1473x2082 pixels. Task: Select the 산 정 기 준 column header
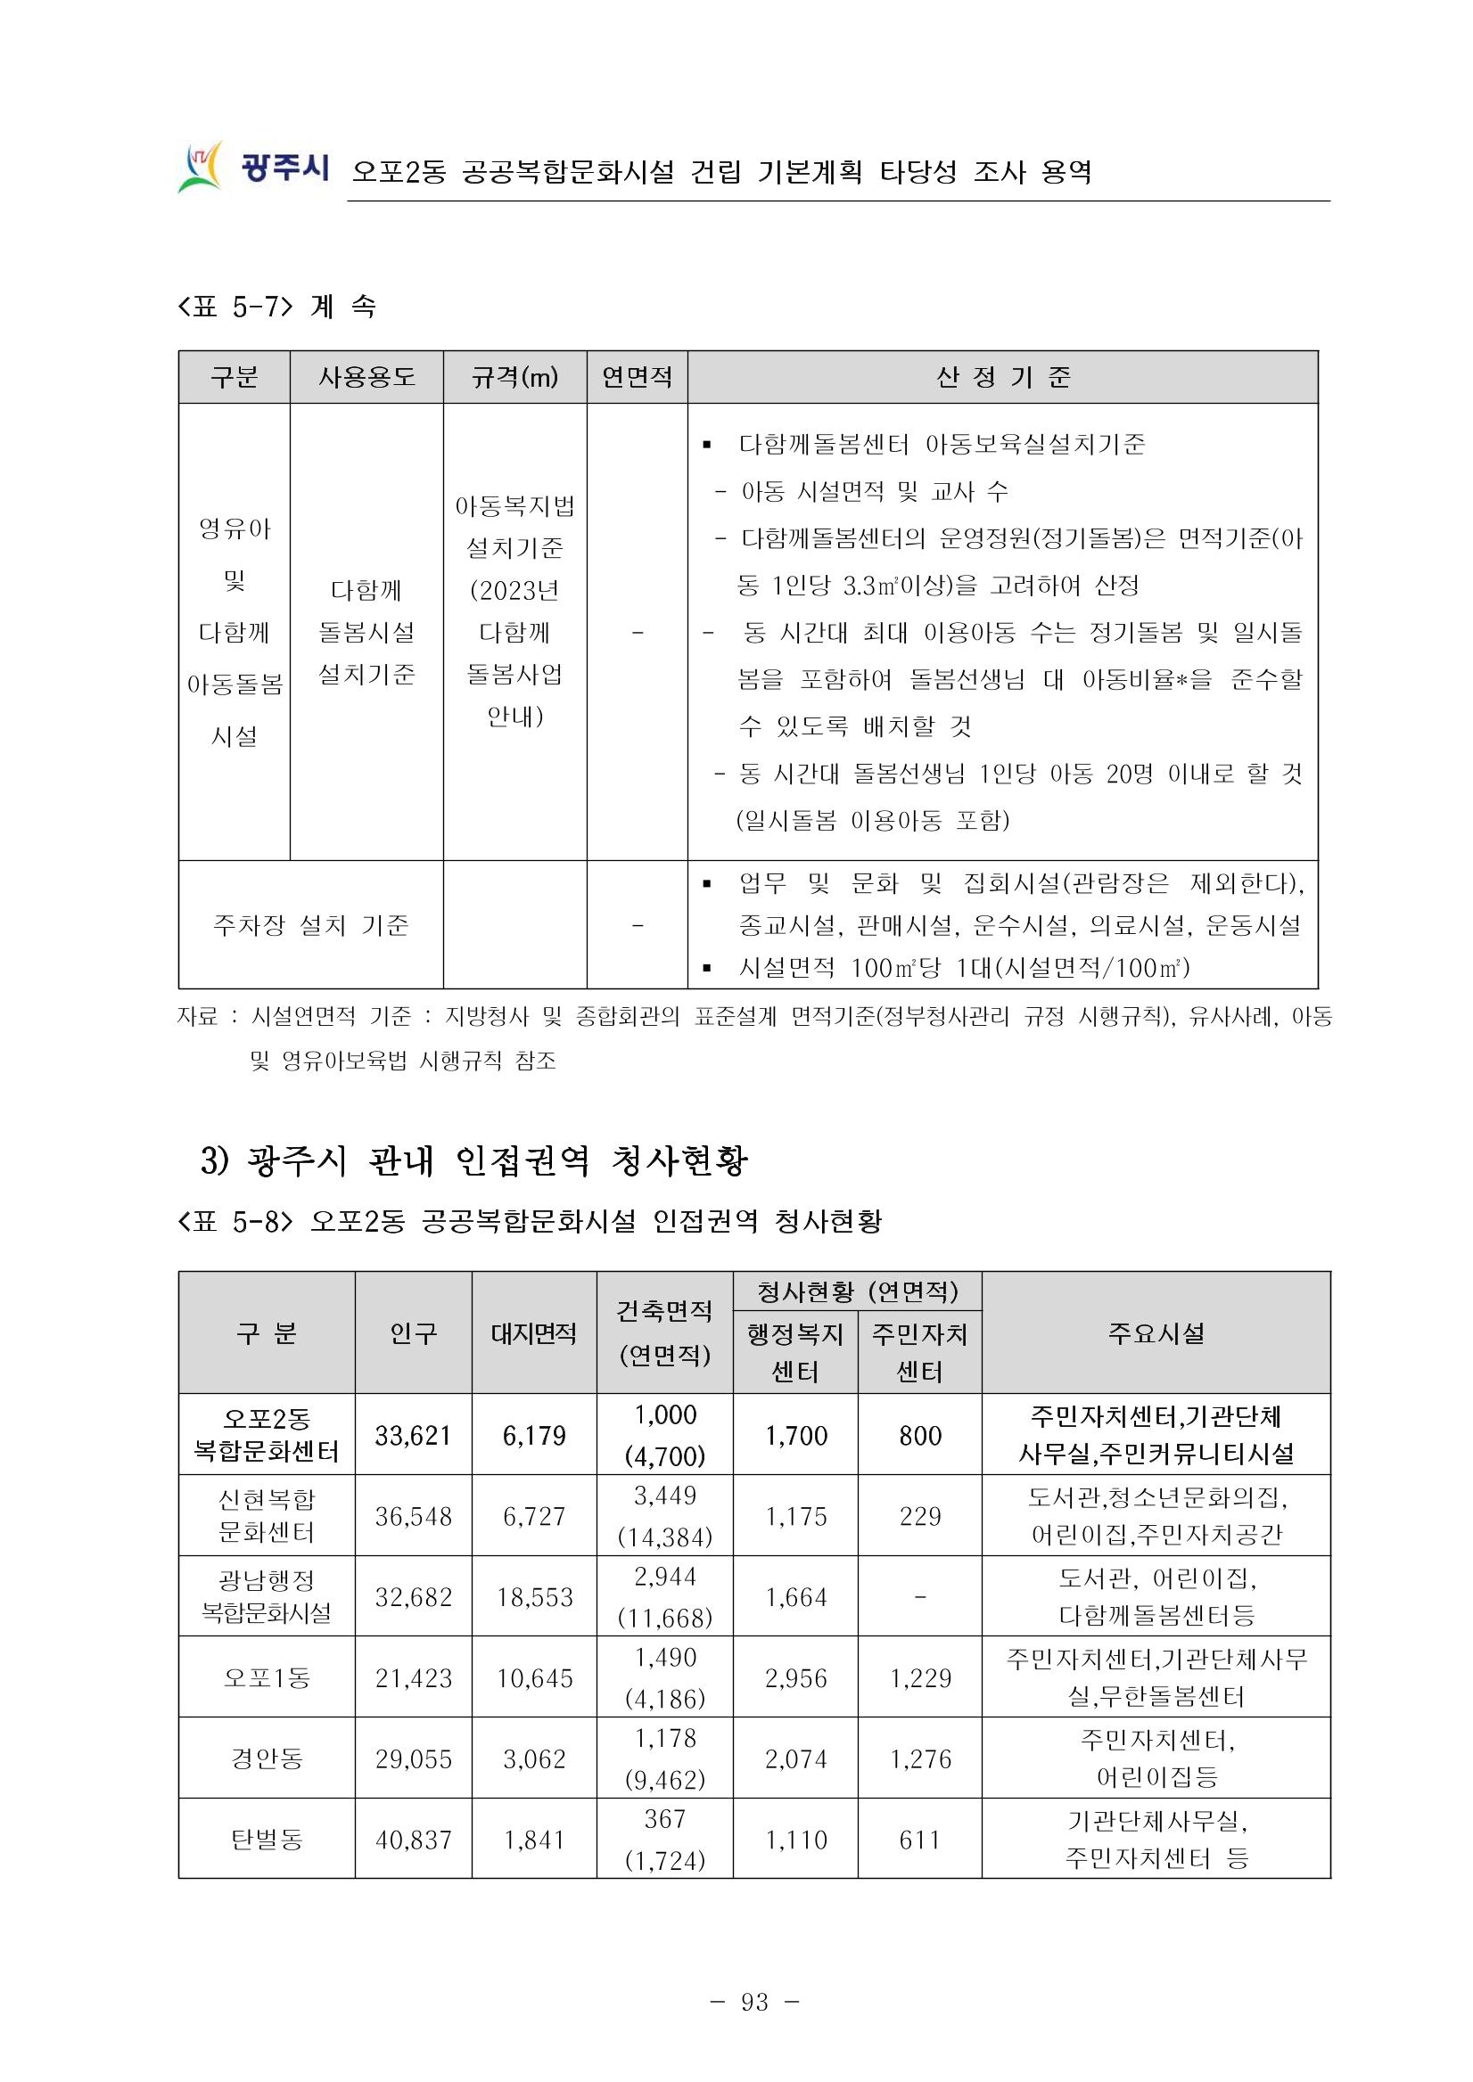(x=1002, y=377)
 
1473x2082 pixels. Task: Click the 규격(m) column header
(x=514, y=377)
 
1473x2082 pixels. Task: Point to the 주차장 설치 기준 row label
(x=310, y=925)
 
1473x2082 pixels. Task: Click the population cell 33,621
(x=413, y=1436)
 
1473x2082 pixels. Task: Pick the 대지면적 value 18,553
(x=534, y=1597)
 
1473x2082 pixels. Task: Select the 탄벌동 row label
(x=266, y=1840)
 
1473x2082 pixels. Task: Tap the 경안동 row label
(x=266, y=1759)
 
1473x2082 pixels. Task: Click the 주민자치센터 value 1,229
(x=919, y=1678)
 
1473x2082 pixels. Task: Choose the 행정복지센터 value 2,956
(x=795, y=1678)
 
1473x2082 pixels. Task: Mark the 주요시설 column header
(x=1156, y=1333)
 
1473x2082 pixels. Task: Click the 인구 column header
(x=413, y=1333)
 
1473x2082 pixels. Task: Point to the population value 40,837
(x=413, y=1840)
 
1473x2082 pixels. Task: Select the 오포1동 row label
(x=266, y=1678)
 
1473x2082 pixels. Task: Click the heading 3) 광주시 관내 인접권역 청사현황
(x=473, y=1161)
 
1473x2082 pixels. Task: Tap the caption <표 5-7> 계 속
(x=276, y=307)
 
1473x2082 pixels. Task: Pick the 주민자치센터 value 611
(x=919, y=1840)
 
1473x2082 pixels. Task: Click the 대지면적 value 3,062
(x=534, y=1759)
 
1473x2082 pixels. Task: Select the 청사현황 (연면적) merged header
(x=857, y=1291)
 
